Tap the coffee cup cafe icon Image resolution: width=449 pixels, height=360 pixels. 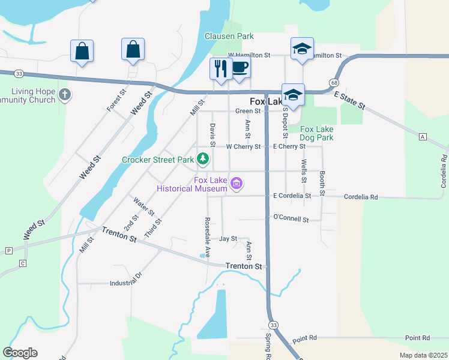pos(240,68)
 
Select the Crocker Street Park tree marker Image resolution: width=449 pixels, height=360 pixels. pos(203,159)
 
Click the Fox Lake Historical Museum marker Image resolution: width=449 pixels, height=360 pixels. pos(237,183)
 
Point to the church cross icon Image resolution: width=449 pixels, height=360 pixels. pos(65,94)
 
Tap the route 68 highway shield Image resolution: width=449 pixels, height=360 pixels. pos(333,82)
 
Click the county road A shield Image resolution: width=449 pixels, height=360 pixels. pos(423,137)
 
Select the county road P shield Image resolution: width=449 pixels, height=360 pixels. pos(8,250)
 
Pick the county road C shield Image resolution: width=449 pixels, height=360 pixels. pos(23,263)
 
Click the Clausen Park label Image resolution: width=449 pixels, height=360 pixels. pos(229,36)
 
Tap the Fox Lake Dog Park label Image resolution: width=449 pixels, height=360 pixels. pos(316,133)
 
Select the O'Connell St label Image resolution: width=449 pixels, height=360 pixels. pos(291,218)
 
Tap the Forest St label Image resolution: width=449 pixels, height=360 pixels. pos(116,100)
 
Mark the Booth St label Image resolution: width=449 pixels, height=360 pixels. pos(322,177)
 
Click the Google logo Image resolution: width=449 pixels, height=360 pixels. pos(20,353)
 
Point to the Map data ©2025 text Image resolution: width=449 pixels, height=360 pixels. pos(423,355)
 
